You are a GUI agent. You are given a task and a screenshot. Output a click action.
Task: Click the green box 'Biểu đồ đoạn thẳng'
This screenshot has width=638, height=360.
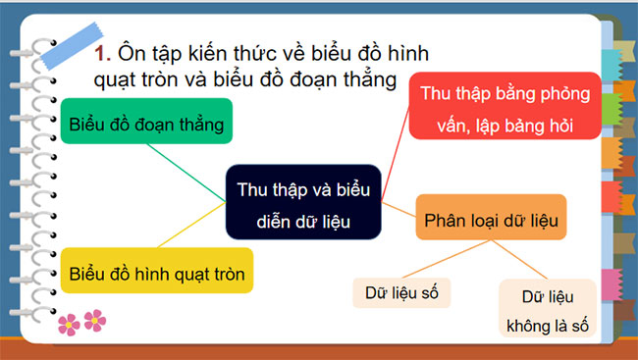[148, 124]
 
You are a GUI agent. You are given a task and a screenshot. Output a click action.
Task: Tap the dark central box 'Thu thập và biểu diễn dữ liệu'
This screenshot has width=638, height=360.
[302, 202]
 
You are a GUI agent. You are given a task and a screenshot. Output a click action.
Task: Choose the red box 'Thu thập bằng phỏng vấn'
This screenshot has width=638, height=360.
[504, 109]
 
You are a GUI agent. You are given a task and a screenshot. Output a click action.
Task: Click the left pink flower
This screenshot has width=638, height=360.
[68, 321]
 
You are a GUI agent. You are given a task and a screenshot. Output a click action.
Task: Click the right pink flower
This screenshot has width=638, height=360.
[94, 318]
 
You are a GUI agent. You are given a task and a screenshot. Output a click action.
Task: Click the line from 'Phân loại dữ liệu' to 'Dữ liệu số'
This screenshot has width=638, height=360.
[452, 257]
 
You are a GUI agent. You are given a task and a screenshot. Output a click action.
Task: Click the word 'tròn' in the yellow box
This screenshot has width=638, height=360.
[225, 268]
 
